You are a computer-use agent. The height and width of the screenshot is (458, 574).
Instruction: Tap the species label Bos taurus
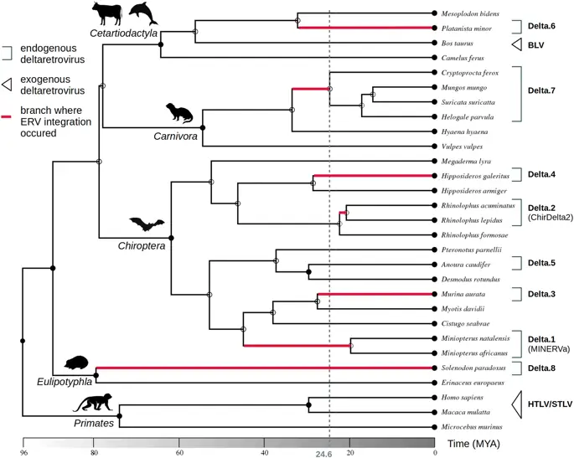pos(456,43)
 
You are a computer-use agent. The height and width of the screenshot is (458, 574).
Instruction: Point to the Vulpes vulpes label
pos(460,146)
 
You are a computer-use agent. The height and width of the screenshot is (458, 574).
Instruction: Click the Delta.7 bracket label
pos(541,87)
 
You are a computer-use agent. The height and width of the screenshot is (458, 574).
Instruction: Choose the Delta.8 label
pos(541,368)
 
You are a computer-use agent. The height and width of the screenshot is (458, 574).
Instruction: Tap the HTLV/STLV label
pos(550,405)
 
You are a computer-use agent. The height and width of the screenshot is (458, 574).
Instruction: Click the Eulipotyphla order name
pos(68,378)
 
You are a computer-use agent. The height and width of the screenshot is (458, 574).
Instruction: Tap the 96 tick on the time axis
pos(23,453)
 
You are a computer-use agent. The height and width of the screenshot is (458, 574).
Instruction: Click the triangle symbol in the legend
pos(6,83)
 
